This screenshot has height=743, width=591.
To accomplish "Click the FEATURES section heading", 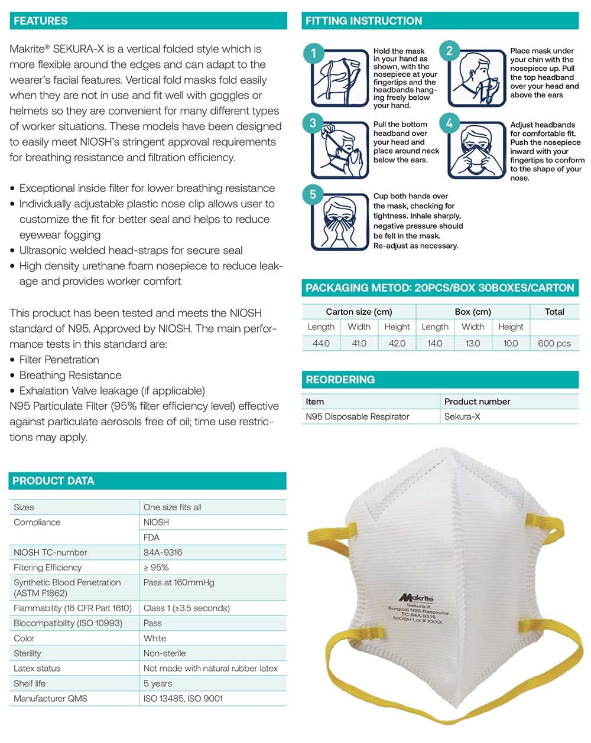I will tap(41, 21).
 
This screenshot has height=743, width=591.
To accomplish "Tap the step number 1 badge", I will tap(314, 53).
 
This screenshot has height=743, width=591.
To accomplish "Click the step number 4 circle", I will tap(449, 123).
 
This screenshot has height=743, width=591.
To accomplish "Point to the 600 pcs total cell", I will tap(554, 343).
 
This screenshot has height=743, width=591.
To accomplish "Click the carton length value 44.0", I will tap(321, 343).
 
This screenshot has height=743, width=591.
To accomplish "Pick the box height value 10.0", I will tap(511, 343).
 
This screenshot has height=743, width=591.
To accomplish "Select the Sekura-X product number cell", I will tap(462, 416).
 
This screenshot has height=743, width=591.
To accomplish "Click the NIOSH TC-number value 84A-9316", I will tap(163, 552).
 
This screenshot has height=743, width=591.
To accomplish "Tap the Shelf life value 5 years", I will tap(158, 683).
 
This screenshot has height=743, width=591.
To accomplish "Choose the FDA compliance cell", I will tap(151, 537).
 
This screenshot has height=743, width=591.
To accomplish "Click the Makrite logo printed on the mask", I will tap(416, 598).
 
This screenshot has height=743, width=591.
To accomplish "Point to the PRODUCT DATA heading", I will tap(53, 481).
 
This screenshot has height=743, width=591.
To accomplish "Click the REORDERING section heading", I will tap(340, 380).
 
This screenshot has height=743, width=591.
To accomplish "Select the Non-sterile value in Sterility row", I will tap(164, 653).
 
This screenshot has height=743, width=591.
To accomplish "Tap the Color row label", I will tap(24, 638).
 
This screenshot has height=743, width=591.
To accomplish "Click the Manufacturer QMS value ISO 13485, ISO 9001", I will tap(183, 699).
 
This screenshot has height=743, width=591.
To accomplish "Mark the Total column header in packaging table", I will tap(554, 312).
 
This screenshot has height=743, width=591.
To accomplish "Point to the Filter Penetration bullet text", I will tap(59, 360).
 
